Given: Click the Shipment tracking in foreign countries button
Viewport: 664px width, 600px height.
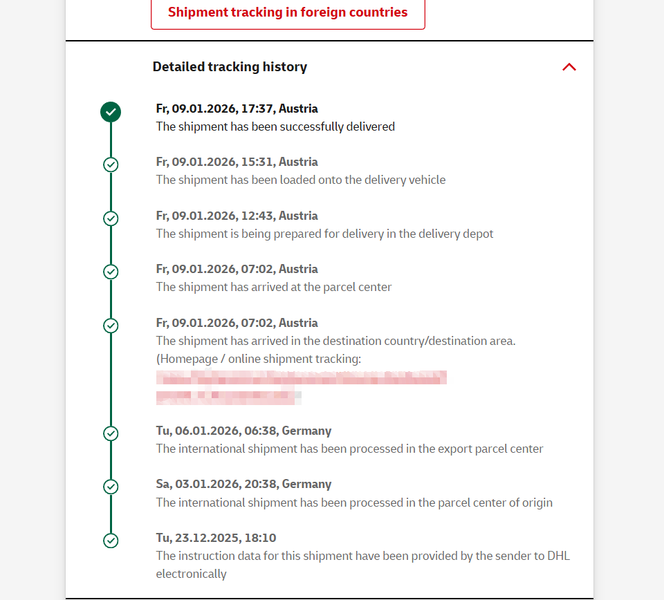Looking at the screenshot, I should click(288, 12).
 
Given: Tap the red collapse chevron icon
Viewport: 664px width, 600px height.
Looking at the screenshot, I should click(569, 67).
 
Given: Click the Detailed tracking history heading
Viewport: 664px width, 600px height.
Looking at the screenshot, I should click(230, 67).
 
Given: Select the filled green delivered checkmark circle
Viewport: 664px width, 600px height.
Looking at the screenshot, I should click(111, 111).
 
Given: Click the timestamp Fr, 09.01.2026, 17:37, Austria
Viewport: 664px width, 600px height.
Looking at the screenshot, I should click(237, 109).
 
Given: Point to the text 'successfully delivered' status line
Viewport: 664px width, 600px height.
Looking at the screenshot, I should click(275, 126).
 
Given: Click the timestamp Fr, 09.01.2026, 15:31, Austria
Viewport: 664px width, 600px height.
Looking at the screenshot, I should click(237, 162).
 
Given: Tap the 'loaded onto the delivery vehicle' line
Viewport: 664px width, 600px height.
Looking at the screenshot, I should click(300, 180).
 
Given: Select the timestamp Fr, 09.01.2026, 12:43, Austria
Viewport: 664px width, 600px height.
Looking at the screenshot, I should click(237, 216).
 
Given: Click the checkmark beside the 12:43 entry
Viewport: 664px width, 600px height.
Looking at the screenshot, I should click(111, 218).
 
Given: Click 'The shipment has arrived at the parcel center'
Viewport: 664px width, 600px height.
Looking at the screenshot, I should click(274, 287).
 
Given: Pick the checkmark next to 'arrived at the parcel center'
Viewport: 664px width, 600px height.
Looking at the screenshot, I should click(111, 272).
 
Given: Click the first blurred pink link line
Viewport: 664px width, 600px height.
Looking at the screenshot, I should click(301, 377).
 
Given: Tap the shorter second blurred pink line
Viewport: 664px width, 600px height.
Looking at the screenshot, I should click(228, 397).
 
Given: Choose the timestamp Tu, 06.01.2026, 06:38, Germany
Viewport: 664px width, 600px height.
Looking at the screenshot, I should click(243, 431).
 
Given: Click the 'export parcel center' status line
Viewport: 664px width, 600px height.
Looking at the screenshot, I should click(349, 449).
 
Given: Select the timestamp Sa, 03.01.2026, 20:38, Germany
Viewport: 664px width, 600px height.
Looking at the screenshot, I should click(243, 484).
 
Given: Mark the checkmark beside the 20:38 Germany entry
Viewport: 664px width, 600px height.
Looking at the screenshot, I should click(111, 487).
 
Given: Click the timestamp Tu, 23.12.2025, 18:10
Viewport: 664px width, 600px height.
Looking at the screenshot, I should click(216, 538).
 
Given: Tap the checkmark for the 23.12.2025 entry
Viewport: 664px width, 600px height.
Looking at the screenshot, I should click(111, 541).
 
